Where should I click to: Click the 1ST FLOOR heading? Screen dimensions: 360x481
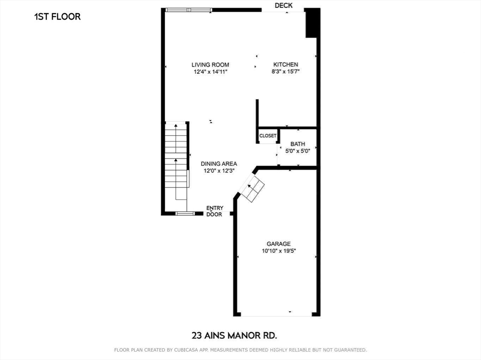pos(57,16)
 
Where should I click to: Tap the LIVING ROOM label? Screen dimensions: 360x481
pos(210,65)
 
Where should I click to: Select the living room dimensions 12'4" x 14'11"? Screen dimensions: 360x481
pos(210,72)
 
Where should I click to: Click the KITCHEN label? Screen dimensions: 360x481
pos(286,65)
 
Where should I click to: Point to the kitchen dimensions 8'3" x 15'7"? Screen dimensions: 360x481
pos(286,72)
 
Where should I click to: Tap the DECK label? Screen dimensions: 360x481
pos(284,5)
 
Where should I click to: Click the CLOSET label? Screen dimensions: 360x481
pos(268,136)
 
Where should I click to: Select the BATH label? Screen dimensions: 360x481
pos(298,144)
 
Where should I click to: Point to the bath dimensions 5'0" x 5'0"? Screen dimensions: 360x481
pos(298,151)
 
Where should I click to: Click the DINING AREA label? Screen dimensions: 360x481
pos(219,164)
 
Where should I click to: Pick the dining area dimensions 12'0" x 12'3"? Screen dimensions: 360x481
pos(219,171)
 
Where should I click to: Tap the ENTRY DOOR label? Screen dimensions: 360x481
pos(215,211)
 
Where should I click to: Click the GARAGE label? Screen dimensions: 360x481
pos(279,244)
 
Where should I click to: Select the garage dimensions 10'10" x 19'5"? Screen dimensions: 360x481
pos(279,251)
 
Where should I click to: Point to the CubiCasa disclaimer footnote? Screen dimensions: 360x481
pos(240,350)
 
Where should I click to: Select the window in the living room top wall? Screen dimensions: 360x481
pos(188,9)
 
